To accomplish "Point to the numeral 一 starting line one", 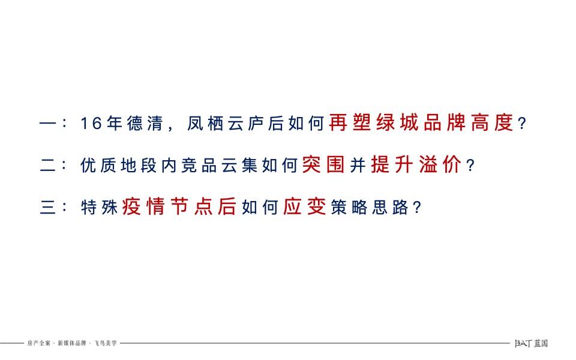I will [x=46, y=125].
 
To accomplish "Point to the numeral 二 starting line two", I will [x=47, y=166].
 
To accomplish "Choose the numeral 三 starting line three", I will [x=47, y=208].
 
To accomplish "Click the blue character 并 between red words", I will [x=358, y=166].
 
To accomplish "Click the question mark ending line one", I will [x=522, y=125].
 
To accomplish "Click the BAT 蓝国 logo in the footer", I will [x=532, y=343].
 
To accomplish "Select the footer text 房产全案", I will [x=39, y=343].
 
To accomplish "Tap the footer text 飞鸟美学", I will [x=106, y=343].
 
